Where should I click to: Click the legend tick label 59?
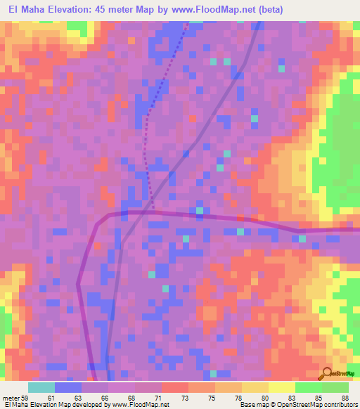27,397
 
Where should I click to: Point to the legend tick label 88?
345,397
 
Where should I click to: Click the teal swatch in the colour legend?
41,387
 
